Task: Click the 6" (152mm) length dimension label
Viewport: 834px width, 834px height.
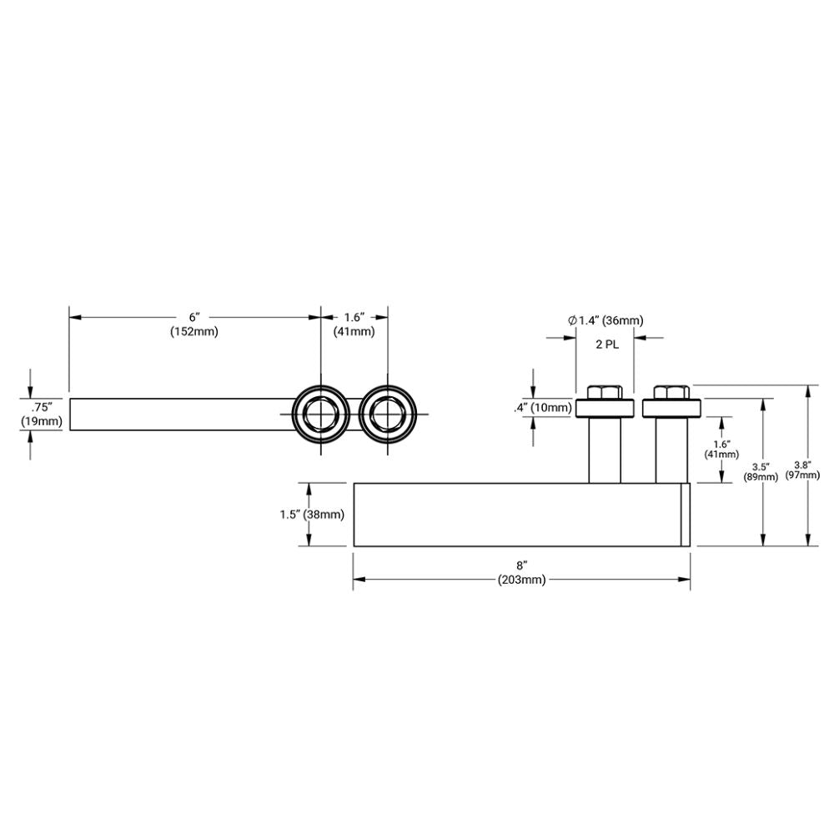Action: pos(194,324)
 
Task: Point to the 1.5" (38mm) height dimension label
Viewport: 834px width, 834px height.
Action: pos(312,515)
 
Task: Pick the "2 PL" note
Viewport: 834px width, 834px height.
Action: pos(606,344)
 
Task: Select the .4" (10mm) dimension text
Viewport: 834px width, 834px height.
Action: pos(543,408)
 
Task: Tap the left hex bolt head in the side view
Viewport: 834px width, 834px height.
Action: pos(604,392)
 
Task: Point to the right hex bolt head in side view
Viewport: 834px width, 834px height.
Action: pos(671,392)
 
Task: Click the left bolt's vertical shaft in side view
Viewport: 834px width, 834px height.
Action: pos(605,450)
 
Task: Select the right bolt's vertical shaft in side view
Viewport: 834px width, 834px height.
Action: pos(671,450)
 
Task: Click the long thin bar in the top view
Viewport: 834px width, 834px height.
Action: pos(179,414)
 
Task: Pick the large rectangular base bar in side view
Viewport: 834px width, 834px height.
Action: pos(517,515)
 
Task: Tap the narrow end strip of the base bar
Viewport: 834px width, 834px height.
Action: pos(686,515)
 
